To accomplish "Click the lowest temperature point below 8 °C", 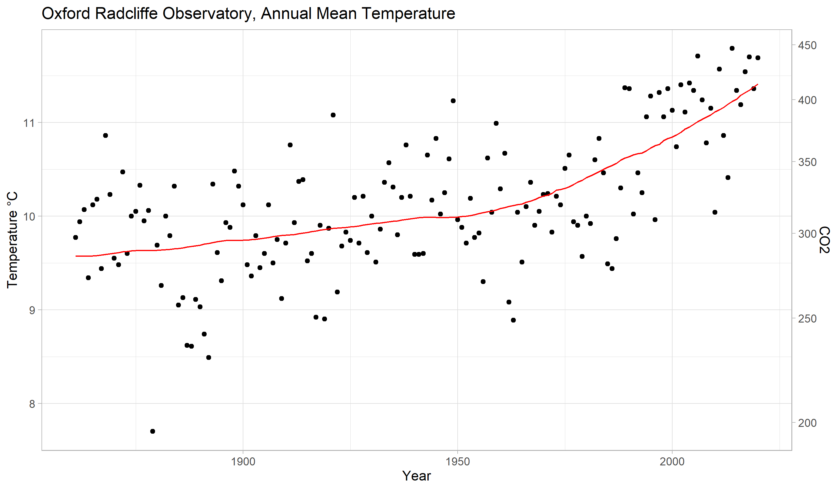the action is pyautogui.click(x=153, y=431).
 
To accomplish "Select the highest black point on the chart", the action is pyautogui.click(x=732, y=48).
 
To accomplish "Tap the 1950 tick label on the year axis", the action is pyautogui.click(x=458, y=462).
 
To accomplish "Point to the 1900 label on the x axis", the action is pyautogui.click(x=243, y=462).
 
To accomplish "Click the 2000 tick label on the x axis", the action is pyautogui.click(x=672, y=462).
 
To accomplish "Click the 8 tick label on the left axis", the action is pyautogui.click(x=32, y=404).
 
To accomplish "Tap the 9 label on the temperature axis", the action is pyautogui.click(x=32, y=310).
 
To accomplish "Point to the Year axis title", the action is pyautogui.click(x=416, y=476).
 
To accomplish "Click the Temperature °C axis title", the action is pyautogui.click(x=12, y=240).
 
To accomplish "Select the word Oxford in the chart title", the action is pyautogui.click(x=66, y=14).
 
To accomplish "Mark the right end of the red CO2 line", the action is pyautogui.click(x=758, y=84).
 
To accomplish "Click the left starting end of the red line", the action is pyautogui.click(x=76, y=256).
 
